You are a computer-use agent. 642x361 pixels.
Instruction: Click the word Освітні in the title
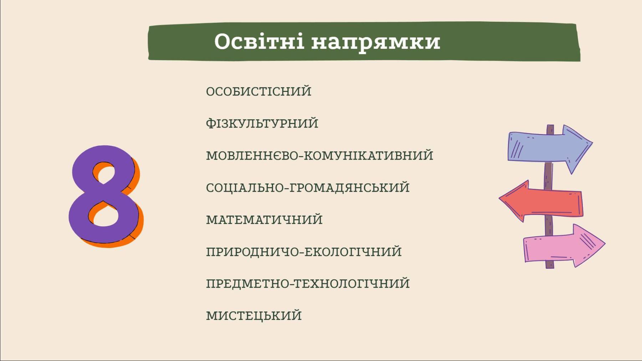pos(259,41)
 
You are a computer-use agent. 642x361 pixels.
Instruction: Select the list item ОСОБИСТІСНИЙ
pos(259,91)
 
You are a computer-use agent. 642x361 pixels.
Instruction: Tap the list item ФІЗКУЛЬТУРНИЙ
pos(262,123)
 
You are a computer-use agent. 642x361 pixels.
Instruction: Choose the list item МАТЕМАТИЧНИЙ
pos(264,220)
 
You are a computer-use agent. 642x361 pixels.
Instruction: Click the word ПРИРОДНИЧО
pos(253,252)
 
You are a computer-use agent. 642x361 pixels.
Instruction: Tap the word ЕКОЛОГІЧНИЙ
pos(353,252)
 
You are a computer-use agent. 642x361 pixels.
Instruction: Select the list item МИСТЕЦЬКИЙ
pos(254,316)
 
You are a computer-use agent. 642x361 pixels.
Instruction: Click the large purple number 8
pos(104,194)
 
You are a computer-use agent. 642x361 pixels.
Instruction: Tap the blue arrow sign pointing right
pos(549,148)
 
